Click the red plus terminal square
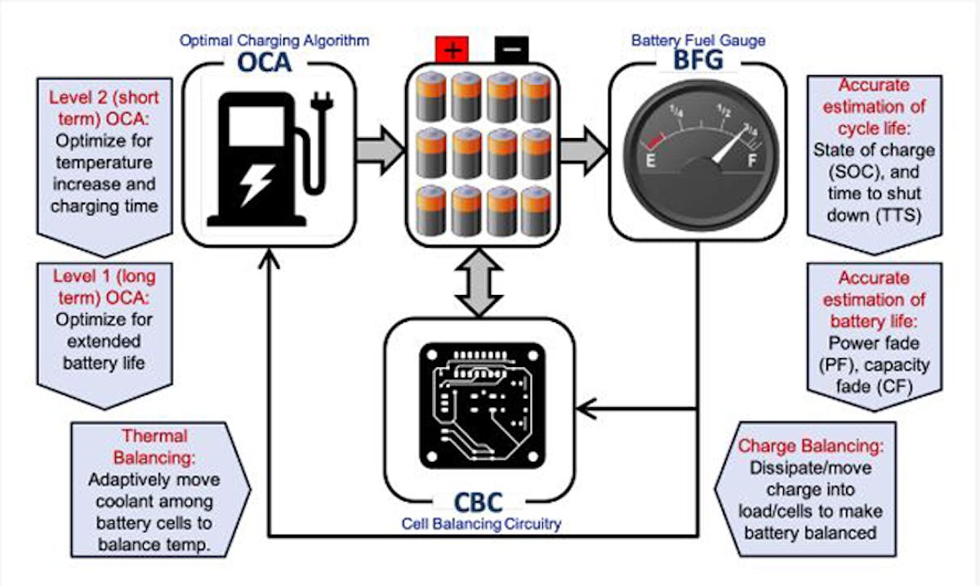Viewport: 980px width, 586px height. click(x=452, y=51)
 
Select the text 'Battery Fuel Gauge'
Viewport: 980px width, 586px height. click(x=698, y=39)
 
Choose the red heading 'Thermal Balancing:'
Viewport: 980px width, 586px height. click(x=155, y=446)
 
